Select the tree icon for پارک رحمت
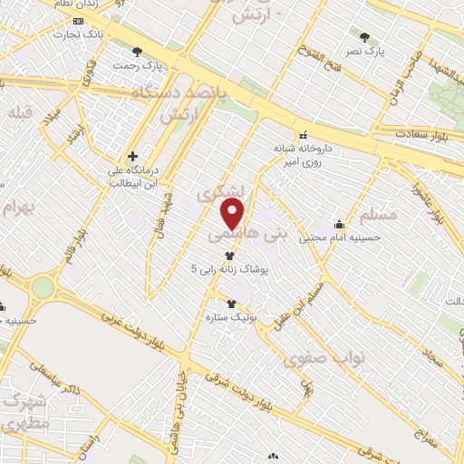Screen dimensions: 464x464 click(x=137, y=52)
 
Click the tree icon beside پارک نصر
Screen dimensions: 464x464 click(x=364, y=37)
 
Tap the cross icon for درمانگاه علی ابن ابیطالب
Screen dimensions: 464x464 click(x=132, y=157)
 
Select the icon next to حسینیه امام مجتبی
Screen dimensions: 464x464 click(x=340, y=224)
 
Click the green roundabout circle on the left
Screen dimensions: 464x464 click(x=43, y=288)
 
